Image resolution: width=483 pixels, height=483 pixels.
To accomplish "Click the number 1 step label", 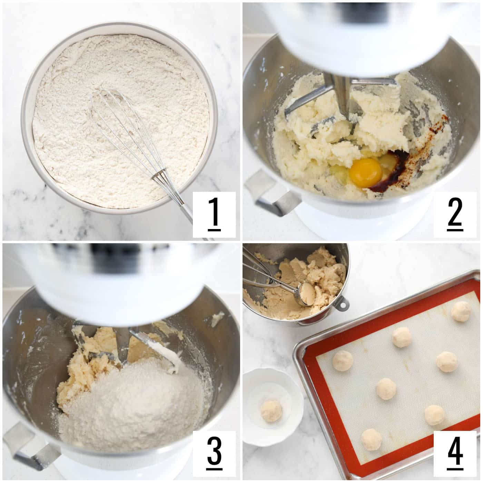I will [214, 214].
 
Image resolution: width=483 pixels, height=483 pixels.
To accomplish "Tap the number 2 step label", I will [455, 214].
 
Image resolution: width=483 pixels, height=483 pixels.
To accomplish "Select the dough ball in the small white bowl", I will [271, 411].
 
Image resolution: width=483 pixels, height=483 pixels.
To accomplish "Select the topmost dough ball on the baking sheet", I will [461, 311].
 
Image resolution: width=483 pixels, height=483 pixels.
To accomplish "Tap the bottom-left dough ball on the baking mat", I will [372, 439].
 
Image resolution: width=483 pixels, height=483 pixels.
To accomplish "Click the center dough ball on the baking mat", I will [386, 388].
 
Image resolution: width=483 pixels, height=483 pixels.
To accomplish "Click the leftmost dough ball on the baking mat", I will [343, 361].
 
